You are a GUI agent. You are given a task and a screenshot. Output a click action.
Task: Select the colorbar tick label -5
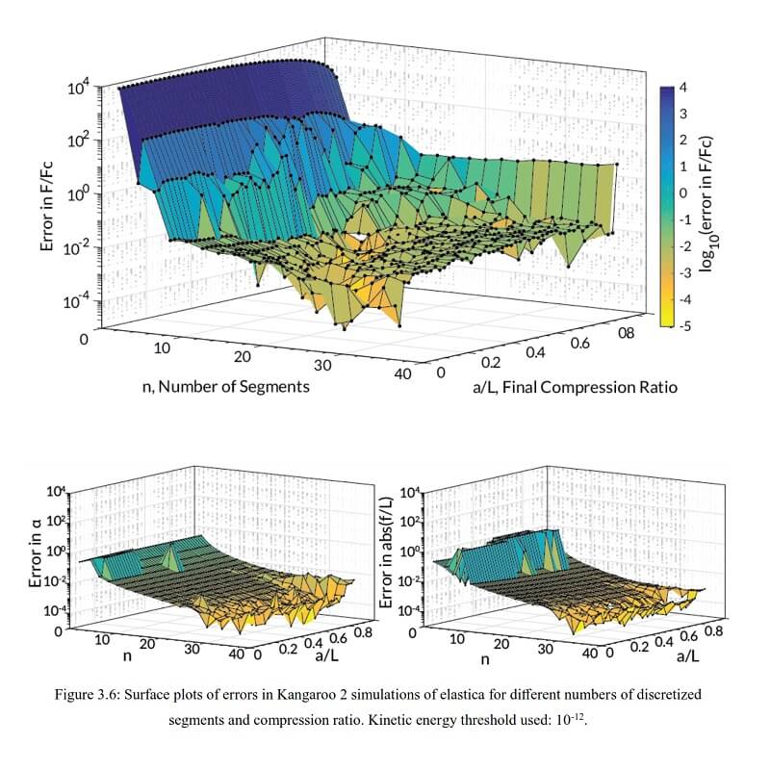682,326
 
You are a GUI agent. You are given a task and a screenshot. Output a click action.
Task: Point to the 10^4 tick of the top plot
78,90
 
